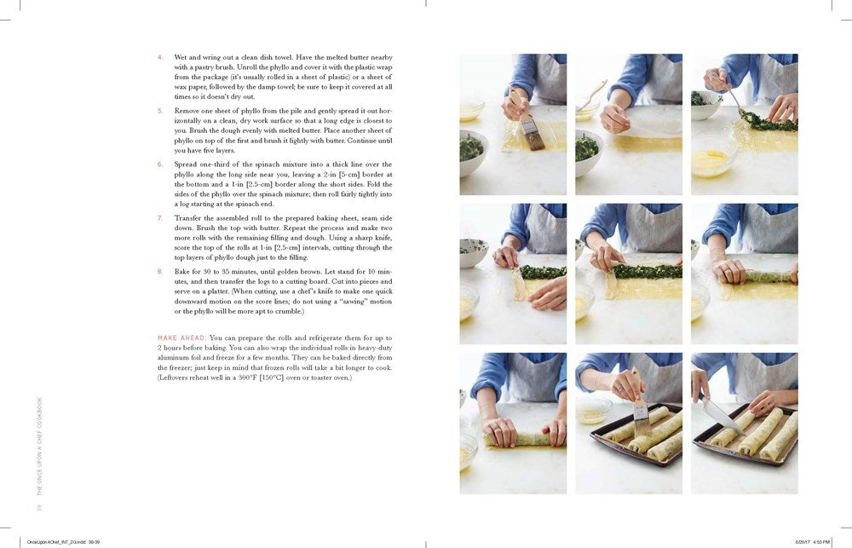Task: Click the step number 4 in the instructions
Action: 159,57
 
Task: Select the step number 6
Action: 159,164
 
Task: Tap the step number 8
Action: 159,271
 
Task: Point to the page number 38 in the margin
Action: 39,508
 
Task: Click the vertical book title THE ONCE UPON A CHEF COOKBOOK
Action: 39,447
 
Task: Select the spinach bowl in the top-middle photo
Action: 585,150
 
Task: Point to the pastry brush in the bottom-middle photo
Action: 637,409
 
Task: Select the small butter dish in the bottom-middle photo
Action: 593,415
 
